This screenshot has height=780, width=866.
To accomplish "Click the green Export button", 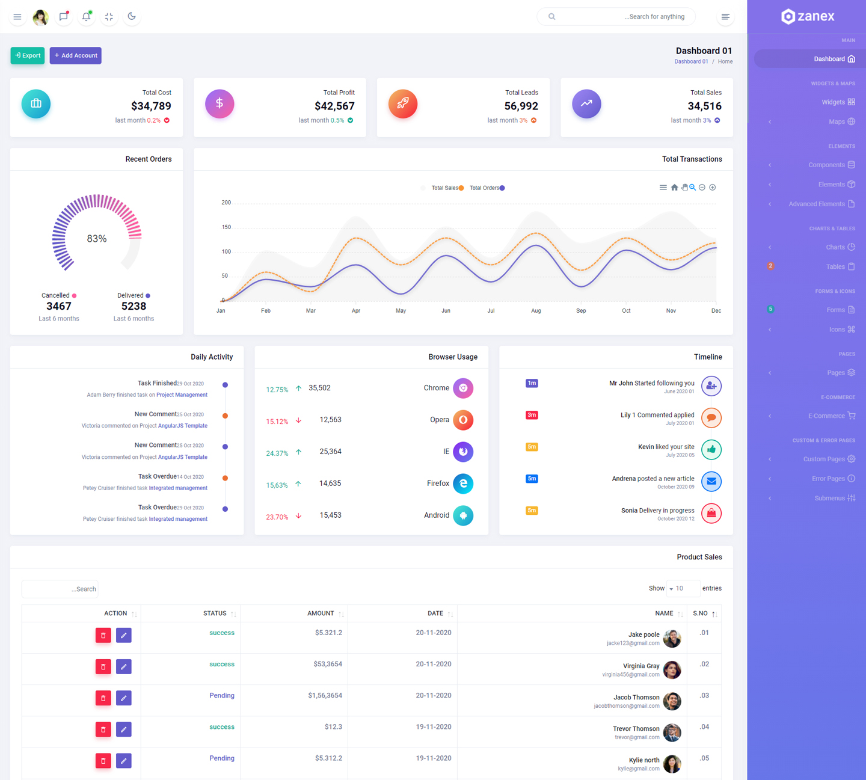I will point(28,55).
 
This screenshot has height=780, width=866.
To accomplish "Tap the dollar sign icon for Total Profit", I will point(220,103).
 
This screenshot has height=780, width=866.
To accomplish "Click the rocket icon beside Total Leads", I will point(403,103).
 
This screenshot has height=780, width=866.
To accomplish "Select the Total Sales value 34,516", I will point(704,106).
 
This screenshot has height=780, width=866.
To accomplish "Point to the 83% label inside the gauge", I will point(97,239).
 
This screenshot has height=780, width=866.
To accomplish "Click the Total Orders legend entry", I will point(487,188).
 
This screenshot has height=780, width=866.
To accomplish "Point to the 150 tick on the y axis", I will point(226,227).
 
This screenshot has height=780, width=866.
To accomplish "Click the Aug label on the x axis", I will point(536,311).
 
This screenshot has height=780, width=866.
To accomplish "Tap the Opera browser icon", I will point(463,420).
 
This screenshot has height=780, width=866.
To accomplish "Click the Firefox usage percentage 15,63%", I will point(277,485).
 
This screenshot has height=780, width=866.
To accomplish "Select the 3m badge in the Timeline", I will point(532,415).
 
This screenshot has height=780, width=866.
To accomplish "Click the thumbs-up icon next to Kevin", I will point(711,449).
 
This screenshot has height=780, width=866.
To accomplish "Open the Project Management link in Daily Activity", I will point(182,395).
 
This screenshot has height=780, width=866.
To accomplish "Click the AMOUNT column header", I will point(321,613).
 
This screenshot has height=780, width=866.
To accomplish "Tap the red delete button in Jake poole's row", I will point(103,635).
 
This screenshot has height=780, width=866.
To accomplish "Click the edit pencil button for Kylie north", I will point(124,761).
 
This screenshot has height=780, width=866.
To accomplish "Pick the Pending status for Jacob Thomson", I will point(222,696).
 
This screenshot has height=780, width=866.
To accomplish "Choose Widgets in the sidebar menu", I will point(833,102).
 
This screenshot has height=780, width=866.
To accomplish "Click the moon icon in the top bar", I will point(132,16).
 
